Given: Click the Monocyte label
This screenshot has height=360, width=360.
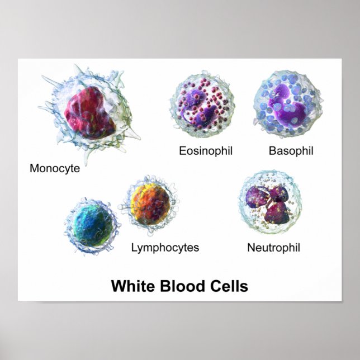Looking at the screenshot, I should click(x=55, y=168).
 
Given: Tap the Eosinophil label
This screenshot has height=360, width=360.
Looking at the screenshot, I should click(x=205, y=150).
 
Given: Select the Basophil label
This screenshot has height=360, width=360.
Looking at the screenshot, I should click(x=291, y=150).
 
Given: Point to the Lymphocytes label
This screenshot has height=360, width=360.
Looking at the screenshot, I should click(x=165, y=247).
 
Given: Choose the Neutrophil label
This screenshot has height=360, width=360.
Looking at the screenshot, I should click(x=273, y=247).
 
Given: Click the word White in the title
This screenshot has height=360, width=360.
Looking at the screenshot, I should click(x=134, y=286).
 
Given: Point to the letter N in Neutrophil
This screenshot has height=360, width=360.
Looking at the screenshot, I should click(x=251, y=247).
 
